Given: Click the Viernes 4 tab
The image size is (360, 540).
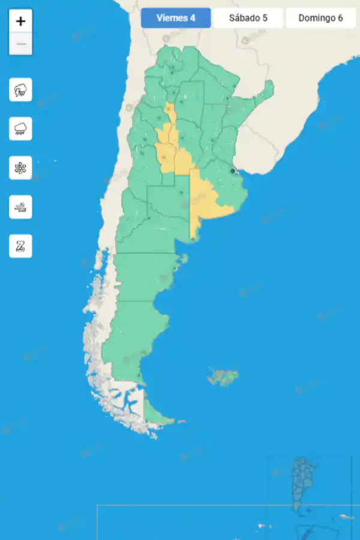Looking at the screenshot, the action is (176, 18).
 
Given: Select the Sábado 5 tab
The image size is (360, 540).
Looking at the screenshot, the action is (248, 18).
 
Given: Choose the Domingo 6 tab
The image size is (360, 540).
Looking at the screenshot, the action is (320, 18).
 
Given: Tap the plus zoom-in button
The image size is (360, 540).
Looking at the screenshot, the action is (20, 22).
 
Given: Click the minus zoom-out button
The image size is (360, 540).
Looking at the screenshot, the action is (20, 44).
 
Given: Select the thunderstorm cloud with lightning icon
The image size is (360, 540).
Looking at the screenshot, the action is (20, 90).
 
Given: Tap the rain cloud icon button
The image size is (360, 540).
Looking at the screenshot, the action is (20, 128).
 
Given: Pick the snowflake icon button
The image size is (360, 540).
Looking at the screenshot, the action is (20, 167).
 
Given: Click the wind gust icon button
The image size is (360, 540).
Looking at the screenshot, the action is (20, 207).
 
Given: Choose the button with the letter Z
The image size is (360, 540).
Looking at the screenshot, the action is (20, 246).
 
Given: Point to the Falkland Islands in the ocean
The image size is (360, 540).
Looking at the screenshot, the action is (223, 377).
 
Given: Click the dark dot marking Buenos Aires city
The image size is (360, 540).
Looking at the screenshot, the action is (233, 171).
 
